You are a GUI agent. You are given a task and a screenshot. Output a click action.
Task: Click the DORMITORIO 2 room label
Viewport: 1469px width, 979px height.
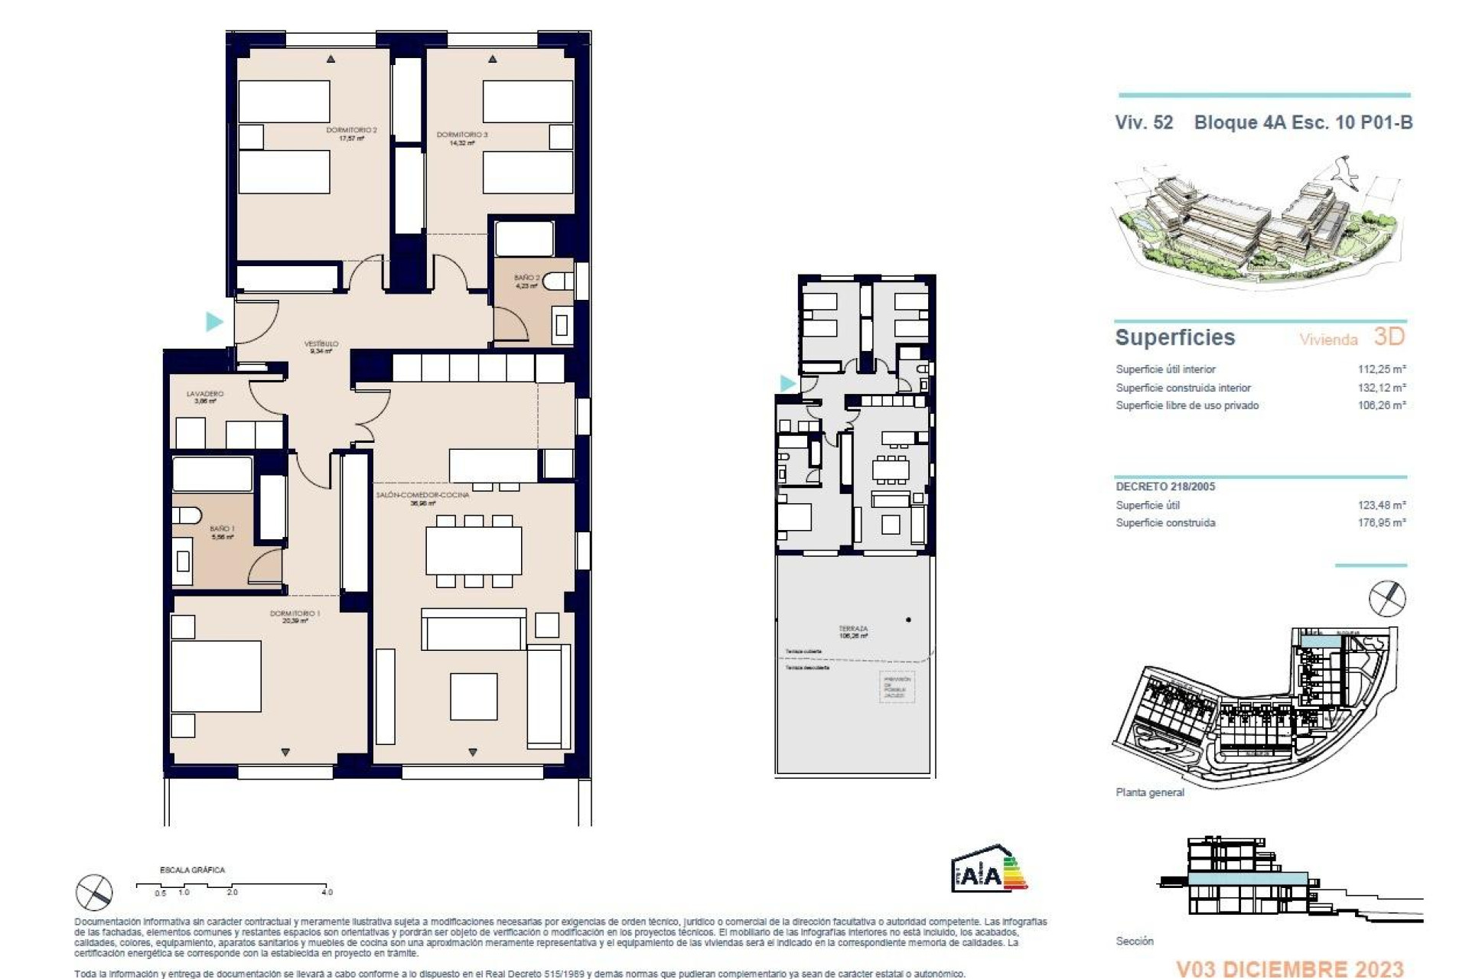point(351,131)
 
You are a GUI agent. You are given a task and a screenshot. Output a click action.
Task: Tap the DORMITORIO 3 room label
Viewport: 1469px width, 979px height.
point(462,135)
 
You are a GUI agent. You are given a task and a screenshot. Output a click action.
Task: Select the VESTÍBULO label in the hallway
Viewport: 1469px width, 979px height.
point(321,344)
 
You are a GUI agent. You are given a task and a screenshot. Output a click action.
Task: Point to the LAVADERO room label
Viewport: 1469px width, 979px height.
point(205,394)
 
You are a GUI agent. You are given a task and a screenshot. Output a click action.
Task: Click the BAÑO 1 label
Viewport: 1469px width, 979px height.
point(222,529)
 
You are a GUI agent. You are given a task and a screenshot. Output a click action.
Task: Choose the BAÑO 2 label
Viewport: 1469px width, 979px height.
point(527,278)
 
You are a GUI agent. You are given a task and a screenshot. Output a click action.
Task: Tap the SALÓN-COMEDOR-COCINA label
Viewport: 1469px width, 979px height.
point(422,495)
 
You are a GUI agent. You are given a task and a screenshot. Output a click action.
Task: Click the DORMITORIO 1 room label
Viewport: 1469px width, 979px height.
point(295,613)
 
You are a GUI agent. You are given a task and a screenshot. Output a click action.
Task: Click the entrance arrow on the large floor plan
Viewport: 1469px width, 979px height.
point(214,321)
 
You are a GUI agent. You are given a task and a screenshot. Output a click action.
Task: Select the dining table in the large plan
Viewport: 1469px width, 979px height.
point(474,551)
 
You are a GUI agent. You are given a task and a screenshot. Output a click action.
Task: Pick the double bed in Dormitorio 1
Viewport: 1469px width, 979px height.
point(216,676)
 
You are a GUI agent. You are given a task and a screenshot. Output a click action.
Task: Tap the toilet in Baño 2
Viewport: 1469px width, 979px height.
point(560,282)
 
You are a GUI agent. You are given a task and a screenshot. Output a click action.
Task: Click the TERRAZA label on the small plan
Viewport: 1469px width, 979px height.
point(853,629)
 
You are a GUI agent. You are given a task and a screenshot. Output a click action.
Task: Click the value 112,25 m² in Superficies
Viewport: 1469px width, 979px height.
point(1382,369)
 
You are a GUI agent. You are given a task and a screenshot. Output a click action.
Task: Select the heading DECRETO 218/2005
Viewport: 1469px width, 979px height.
point(1165,486)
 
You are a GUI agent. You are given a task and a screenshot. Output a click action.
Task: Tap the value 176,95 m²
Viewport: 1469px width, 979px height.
point(1382,523)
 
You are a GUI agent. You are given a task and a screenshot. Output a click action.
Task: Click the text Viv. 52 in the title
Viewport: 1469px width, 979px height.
point(1144,122)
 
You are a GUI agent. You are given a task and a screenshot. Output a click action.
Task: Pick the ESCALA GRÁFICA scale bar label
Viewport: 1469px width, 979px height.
point(192,870)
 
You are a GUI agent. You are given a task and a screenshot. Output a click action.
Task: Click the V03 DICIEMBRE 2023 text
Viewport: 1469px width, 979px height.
point(1289,969)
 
